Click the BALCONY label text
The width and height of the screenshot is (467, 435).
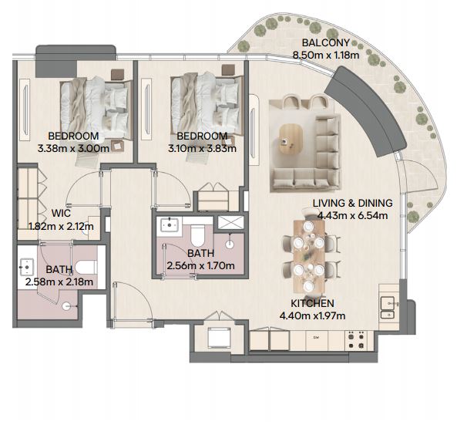click(325, 42)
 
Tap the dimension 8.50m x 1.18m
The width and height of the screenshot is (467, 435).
click(326, 56)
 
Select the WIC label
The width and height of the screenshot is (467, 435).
click(61, 213)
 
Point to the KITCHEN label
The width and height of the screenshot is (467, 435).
click(312, 303)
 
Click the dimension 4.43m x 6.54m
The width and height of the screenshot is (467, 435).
click(353, 215)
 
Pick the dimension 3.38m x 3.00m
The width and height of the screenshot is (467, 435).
click(73, 148)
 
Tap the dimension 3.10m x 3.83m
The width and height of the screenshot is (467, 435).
click(202, 148)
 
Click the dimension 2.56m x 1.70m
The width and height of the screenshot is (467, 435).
click(200, 265)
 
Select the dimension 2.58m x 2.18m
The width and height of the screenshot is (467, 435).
click(59, 282)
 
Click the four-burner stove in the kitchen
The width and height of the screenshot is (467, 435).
click(356, 340)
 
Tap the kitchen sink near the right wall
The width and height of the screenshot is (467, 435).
click(388, 308)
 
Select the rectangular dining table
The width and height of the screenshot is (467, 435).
click(309, 256)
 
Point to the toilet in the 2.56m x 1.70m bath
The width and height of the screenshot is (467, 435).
click(197, 234)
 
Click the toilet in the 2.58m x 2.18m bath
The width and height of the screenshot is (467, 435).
click(86, 267)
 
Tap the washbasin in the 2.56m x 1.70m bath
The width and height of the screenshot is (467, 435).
click(170, 225)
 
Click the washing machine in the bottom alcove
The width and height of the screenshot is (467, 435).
click(219, 338)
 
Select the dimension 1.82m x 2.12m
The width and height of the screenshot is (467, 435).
click(61, 226)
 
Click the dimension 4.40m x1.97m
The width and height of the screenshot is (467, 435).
click(312, 315)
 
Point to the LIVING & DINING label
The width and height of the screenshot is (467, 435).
click(353, 203)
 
